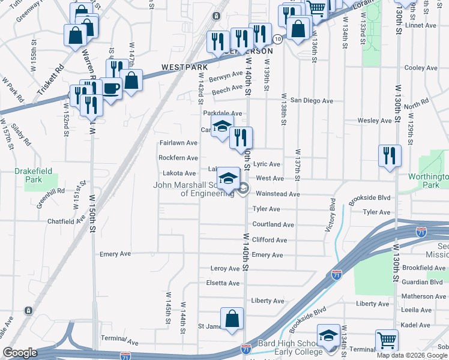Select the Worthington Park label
pos(428,181)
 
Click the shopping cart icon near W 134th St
pos(387,341)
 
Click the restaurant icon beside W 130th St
pos(390,156)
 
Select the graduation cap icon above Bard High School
pos(328,335)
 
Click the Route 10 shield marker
pos(277,38)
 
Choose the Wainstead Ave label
pos(278,194)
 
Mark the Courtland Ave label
pos(273,224)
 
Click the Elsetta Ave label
pos(223,283)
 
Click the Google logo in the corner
pos(20,353)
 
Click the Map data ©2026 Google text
pos(412,355)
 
